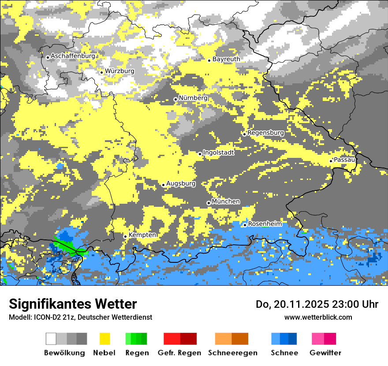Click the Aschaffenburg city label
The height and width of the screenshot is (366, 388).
coord(73,56)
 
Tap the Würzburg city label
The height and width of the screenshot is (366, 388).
coord(119,71)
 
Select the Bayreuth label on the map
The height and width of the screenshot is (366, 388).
coord(226,59)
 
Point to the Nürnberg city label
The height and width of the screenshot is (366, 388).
coord(193,98)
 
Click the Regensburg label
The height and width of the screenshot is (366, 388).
coord(265,133)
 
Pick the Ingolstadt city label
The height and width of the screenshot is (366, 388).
coord(219,153)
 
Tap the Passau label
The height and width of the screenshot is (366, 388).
coord(344,160)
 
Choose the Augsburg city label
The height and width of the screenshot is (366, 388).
coord(181,183)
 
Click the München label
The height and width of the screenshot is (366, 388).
coord(226,202)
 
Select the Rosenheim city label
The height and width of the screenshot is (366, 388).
coord(265,224)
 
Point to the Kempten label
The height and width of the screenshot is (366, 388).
coord(142,235)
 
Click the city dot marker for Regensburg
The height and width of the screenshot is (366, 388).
coord(244,134)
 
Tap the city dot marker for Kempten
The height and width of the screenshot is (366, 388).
coord(125,236)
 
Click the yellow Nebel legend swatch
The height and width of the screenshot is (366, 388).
coord(104,339)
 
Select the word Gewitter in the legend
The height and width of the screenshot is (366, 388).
coord(325,353)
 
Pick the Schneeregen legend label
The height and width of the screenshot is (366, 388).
coord(233,353)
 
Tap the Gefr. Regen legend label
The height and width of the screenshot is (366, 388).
coord(179,353)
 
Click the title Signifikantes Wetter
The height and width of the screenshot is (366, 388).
coord(73,304)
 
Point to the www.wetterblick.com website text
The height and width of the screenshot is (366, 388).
coord(318,317)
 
